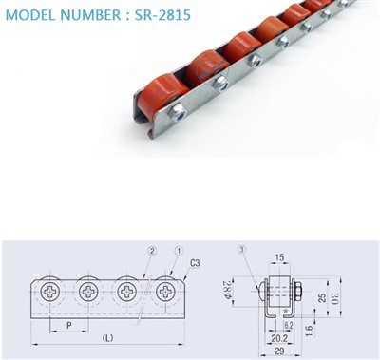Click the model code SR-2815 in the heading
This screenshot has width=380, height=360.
point(162,14)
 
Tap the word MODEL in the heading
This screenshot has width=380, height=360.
point(29,15)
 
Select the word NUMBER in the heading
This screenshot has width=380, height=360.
point(90,15)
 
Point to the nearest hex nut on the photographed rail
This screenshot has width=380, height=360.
point(178,114)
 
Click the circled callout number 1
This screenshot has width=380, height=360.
point(179,251)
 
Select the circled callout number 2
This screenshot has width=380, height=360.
point(152,251)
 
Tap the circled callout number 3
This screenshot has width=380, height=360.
point(241,250)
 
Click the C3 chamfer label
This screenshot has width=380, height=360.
point(195,263)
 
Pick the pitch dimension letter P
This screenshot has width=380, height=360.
point(69,325)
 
